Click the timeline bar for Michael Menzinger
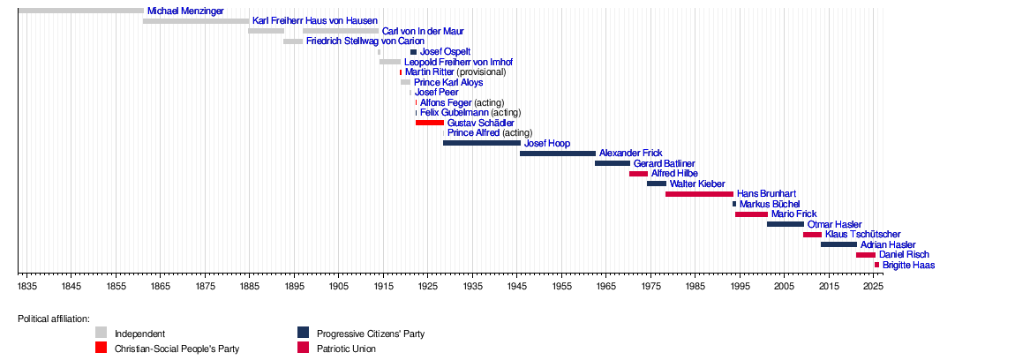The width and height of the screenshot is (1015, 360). click(x=80, y=11)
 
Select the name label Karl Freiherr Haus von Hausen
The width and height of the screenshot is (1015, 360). click(x=314, y=20)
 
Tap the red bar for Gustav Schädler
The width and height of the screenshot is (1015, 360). click(x=430, y=123)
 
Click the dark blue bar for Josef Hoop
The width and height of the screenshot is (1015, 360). click(x=482, y=143)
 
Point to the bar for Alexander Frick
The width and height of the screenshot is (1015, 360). click(x=558, y=154)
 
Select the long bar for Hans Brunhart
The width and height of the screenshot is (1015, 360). click(x=699, y=194)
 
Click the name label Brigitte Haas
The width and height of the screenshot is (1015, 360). click(x=908, y=265)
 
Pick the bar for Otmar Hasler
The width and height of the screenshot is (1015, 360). click(x=785, y=224)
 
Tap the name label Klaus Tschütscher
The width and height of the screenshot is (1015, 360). click(x=862, y=235)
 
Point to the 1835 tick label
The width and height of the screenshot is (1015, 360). click(x=27, y=287)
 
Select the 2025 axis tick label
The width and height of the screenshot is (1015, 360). click(x=872, y=287)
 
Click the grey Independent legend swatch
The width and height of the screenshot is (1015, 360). click(x=101, y=333)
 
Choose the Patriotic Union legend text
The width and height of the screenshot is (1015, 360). click(x=346, y=349)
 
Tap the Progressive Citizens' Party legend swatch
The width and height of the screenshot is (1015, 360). click(x=303, y=333)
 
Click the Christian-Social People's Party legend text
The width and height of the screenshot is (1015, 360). click(x=177, y=349)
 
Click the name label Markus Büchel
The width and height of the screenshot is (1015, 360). click(x=770, y=204)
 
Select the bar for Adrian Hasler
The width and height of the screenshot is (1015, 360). click(x=838, y=244)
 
